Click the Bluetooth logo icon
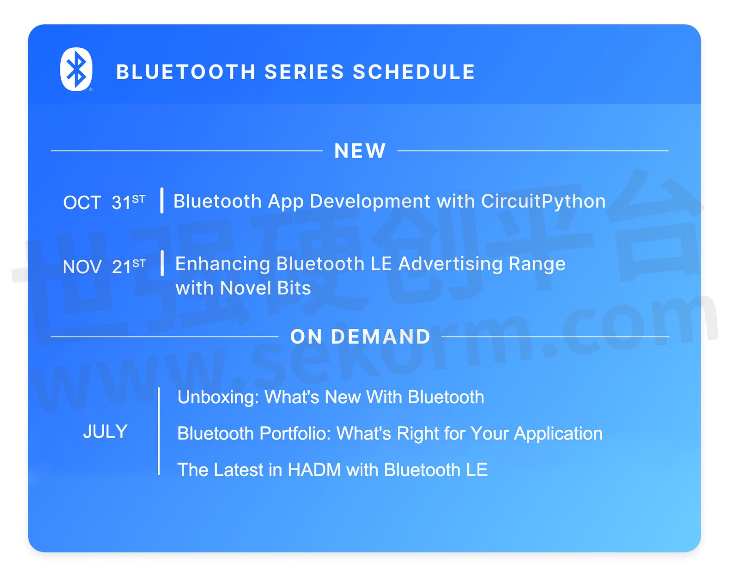click(x=76, y=69)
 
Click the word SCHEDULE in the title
click(x=414, y=72)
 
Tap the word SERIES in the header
click(x=304, y=72)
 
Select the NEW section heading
click(x=360, y=151)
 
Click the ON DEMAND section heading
click(x=360, y=336)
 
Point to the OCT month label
click(x=82, y=202)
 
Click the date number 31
click(x=121, y=202)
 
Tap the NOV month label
click(x=82, y=267)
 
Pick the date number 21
click(x=121, y=267)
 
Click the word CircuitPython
click(x=543, y=202)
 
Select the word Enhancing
click(x=222, y=264)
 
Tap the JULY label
click(x=105, y=431)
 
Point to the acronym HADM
click(x=314, y=470)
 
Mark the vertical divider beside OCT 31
click(x=162, y=200)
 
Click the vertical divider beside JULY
click(x=159, y=431)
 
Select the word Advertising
click(x=451, y=264)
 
